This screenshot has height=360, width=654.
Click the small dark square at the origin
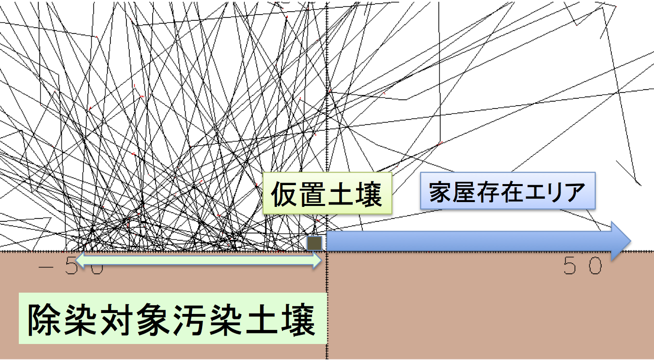pos(315,243)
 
